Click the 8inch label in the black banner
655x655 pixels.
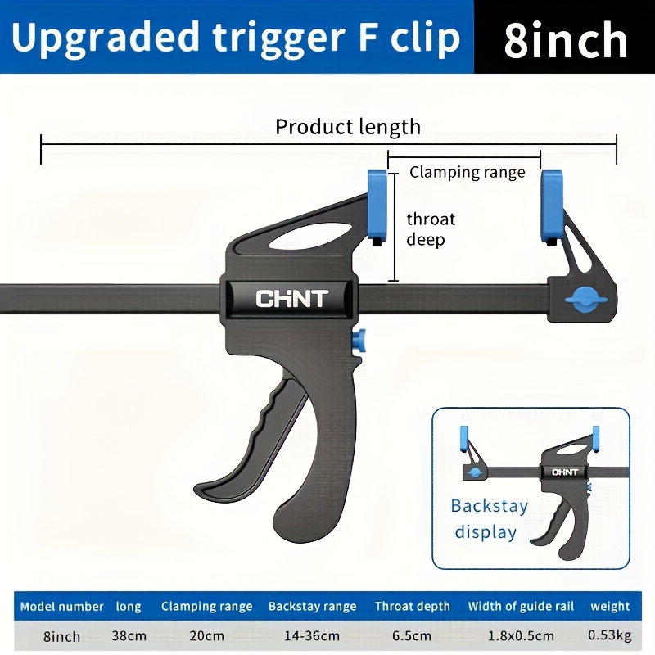pyautogui.click(x=566, y=40)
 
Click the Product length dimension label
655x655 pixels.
pyautogui.click(x=348, y=127)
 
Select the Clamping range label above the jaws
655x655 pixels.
pyautogui.click(x=467, y=173)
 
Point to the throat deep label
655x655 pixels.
pyautogui.click(x=431, y=229)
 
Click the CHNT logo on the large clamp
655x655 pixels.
pyautogui.click(x=292, y=299)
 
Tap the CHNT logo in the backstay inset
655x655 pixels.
pyautogui.click(x=565, y=472)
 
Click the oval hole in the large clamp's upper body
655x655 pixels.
pyautogui.click(x=309, y=236)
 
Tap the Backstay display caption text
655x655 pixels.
pyautogui.click(x=489, y=519)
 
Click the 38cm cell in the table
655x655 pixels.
pyautogui.click(x=129, y=636)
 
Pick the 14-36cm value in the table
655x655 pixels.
pyautogui.click(x=312, y=636)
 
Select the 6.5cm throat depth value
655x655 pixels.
pyautogui.click(x=412, y=636)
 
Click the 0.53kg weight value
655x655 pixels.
pyautogui.click(x=609, y=635)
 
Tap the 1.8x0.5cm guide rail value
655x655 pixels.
pyautogui.click(x=521, y=636)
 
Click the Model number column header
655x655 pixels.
pyautogui.click(x=62, y=607)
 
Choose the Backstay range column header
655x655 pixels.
pyautogui.click(x=313, y=607)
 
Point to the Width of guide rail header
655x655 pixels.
pyautogui.click(x=521, y=607)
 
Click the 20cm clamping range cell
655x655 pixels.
pyautogui.click(x=207, y=636)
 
